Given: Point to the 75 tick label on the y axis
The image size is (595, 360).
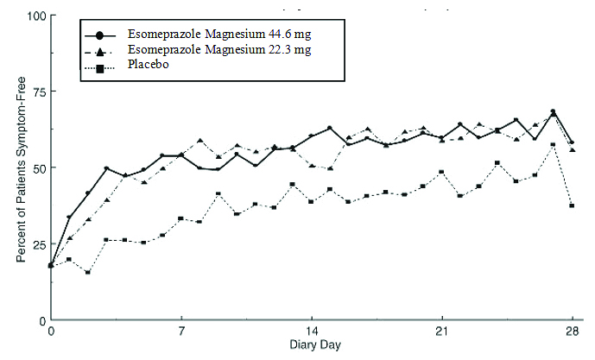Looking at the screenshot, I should (x=36, y=92).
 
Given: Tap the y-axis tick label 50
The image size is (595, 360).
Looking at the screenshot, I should (x=36, y=167).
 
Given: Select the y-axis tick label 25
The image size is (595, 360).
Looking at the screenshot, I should (x=36, y=243).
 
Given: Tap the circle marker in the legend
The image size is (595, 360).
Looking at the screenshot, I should (x=100, y=35).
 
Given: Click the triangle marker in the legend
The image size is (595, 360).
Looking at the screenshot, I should (x=100, y=51).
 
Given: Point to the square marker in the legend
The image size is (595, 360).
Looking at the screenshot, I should (x=100, y=66).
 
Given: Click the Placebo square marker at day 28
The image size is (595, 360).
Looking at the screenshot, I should (x=572, y=205).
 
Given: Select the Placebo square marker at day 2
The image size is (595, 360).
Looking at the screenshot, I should (x=88, y=272).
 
